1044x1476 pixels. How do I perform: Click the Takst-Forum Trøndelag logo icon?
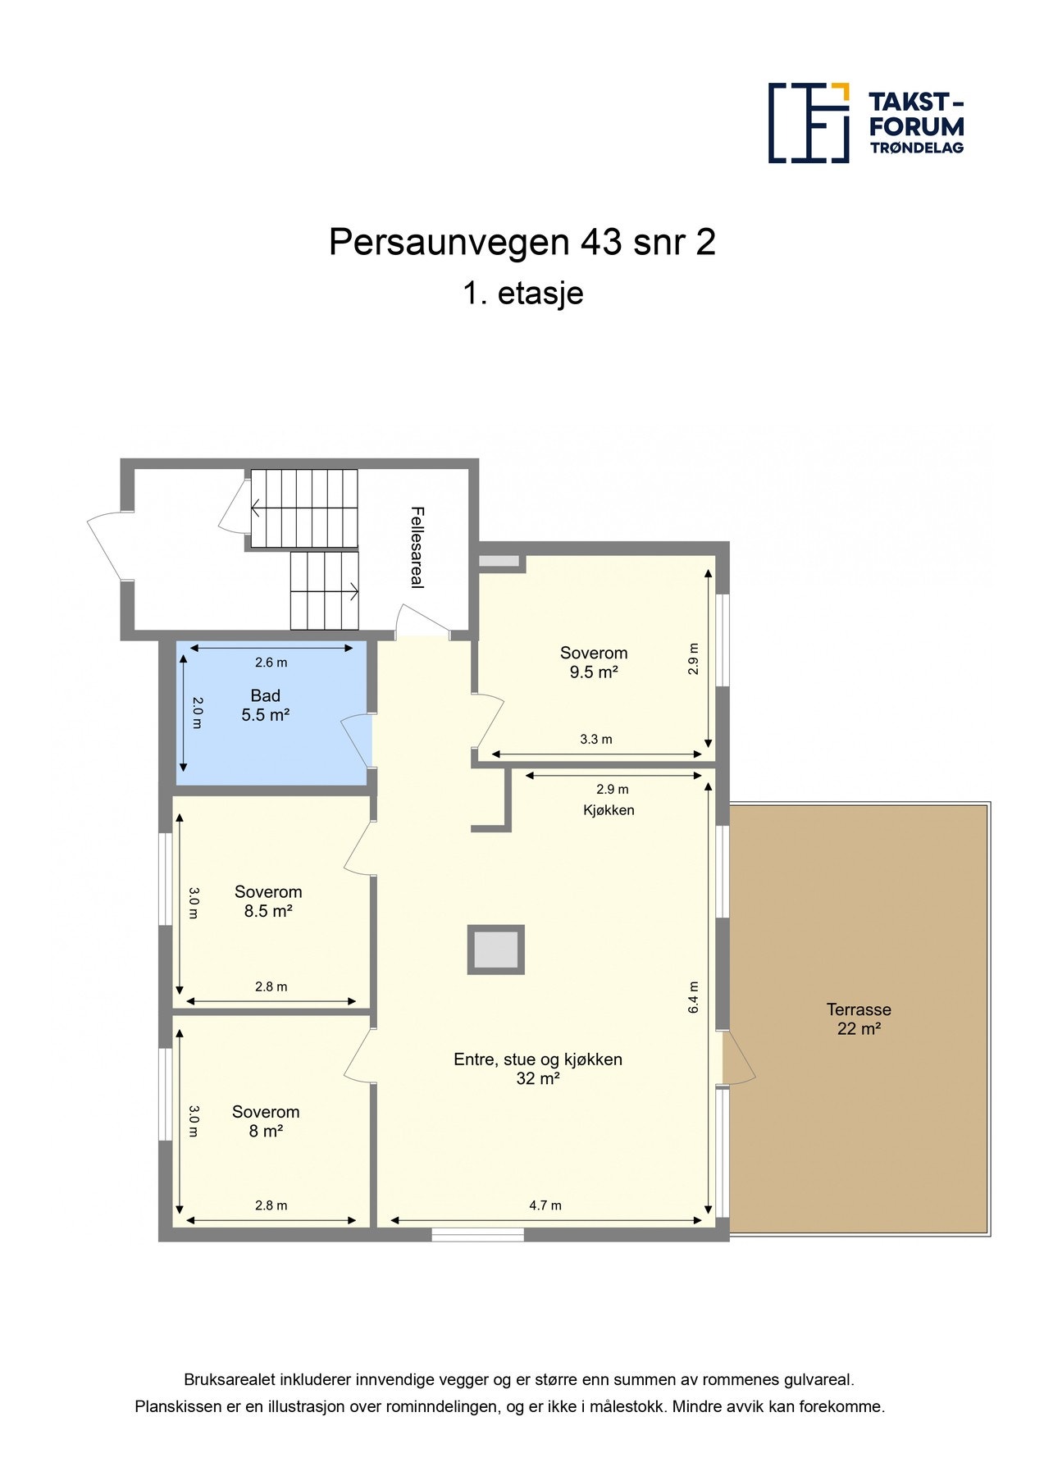pos(808,123)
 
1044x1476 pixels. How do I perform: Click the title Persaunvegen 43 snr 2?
pos(522,243)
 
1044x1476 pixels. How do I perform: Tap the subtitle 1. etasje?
pos(522,294)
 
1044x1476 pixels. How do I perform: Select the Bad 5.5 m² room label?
pos(265,705)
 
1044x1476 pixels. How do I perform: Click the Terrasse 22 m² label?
pos(858,1019)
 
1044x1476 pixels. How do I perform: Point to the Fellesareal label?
pos(417,547)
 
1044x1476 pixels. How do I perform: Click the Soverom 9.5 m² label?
pos(593,663)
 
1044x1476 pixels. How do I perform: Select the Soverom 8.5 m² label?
pos(268,901)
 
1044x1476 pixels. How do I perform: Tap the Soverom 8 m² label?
pos(266,1121)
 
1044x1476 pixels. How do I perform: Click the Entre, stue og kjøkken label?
pos(537,1059)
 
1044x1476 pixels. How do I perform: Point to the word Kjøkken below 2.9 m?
pos(609,810)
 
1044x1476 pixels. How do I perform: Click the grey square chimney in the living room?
pos(495,950)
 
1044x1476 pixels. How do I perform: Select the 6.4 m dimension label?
pos(693,997)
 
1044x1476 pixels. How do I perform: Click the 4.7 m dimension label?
pos(545,1205)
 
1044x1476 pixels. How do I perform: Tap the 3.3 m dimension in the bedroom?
pos(596,739)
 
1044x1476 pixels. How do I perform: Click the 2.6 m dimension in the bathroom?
pos(271,663)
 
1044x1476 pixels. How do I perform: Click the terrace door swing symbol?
pos(738,1059)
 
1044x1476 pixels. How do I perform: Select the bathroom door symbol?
pos(357,740)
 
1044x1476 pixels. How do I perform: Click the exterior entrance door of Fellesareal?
pos(107,544)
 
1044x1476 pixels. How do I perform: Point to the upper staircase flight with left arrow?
pos(304,508)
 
